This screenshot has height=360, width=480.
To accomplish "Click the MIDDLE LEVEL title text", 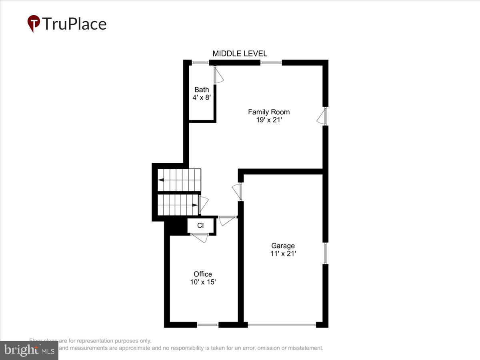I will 240,54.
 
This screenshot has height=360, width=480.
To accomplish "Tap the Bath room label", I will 202,90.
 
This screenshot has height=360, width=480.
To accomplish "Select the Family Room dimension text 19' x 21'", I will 269,120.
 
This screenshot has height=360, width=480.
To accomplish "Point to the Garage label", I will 283,246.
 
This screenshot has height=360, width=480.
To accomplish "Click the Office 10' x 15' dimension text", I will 203,282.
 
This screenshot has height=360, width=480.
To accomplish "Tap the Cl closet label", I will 200,226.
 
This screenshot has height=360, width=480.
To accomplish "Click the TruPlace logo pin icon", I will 34,24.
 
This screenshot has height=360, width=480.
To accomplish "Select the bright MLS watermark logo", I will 29,350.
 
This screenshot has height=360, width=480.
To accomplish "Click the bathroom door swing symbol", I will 218,76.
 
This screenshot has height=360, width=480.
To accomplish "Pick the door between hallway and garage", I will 238,192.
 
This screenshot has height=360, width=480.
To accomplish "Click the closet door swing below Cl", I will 200,237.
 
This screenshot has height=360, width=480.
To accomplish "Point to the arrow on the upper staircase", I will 161,180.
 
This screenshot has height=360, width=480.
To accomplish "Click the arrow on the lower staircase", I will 195,205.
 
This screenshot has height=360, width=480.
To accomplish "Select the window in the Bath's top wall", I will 200,63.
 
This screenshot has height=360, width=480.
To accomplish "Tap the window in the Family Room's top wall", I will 271,63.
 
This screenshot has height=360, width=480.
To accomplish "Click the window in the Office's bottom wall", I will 208,324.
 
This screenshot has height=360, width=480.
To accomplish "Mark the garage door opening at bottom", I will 282,324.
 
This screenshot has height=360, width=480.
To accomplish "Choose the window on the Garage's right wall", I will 326,253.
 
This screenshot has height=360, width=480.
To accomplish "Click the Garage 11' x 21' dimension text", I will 283,253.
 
